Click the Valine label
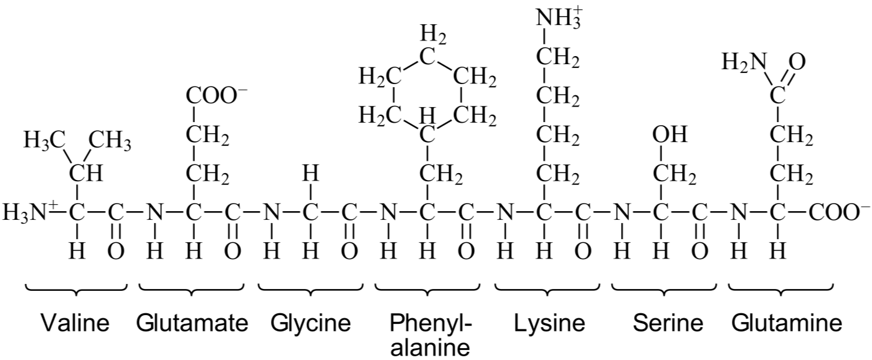75,323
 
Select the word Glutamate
192,323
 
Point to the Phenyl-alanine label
430,334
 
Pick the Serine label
668,323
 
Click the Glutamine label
786,323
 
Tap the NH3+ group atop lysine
559,18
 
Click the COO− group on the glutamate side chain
217,96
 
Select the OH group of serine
670,135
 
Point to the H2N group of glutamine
744,63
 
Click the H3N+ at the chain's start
29,213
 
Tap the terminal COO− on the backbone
840,213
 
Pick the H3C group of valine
44,141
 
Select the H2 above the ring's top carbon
433,36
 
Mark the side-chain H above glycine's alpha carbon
310,174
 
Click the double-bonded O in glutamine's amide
798,62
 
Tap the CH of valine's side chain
86,174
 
